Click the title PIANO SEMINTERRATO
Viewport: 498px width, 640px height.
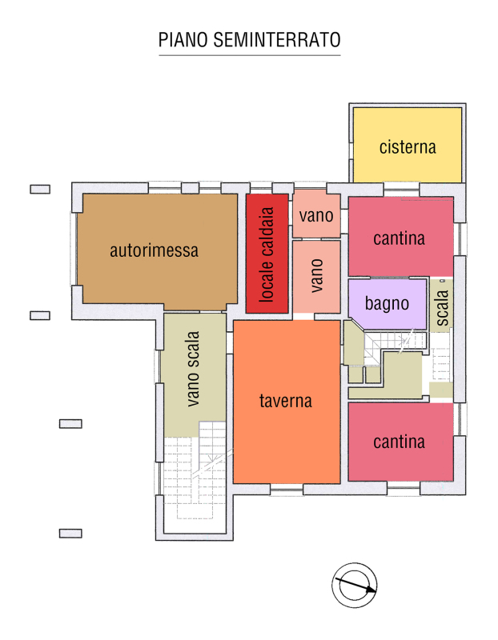pos(249,39)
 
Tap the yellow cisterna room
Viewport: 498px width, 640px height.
pos(408,145)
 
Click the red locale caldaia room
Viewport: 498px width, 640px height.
pos(267,254)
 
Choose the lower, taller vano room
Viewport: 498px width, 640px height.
pos(316,276)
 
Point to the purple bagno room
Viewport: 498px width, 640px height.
pos(387,304)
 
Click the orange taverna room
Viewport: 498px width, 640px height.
pos(287,402)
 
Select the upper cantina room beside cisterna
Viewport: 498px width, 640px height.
pos(401,236)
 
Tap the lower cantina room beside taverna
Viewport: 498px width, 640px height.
pos(401,442)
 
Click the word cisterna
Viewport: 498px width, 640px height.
pos(408,147)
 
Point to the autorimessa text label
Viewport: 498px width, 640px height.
pos(154,250)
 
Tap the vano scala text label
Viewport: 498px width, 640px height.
pos(193,369)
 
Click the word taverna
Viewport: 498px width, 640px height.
pos(286,401)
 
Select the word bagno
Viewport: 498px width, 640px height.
pos(387,304)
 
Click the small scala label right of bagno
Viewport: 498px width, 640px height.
pos(442,308)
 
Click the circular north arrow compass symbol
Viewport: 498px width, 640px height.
pos(354,585)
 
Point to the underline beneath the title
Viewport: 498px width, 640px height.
pos(249,55)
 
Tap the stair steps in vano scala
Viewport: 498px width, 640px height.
pos(195,470)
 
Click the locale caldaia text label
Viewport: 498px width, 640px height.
pos(267,254)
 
